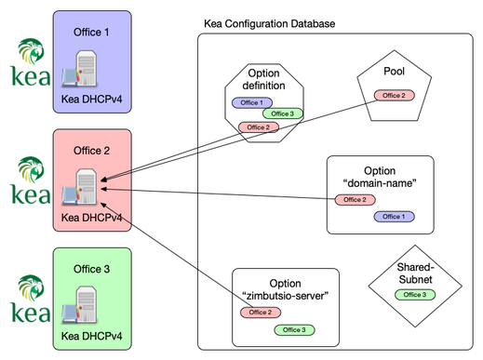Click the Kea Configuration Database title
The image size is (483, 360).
tap(269, 22)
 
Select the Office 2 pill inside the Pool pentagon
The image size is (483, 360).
tap(394, 95)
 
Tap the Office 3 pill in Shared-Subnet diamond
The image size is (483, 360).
tap(410, 295)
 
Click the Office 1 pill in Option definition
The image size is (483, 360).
tap(250, 101)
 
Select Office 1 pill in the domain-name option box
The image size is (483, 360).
tap(394, 216)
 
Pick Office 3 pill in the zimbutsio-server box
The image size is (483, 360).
tap(294, 329)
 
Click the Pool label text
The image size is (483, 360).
tap(394, 71)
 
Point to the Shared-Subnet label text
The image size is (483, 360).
tap(410, 272)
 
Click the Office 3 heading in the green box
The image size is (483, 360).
tap(91, 269)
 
